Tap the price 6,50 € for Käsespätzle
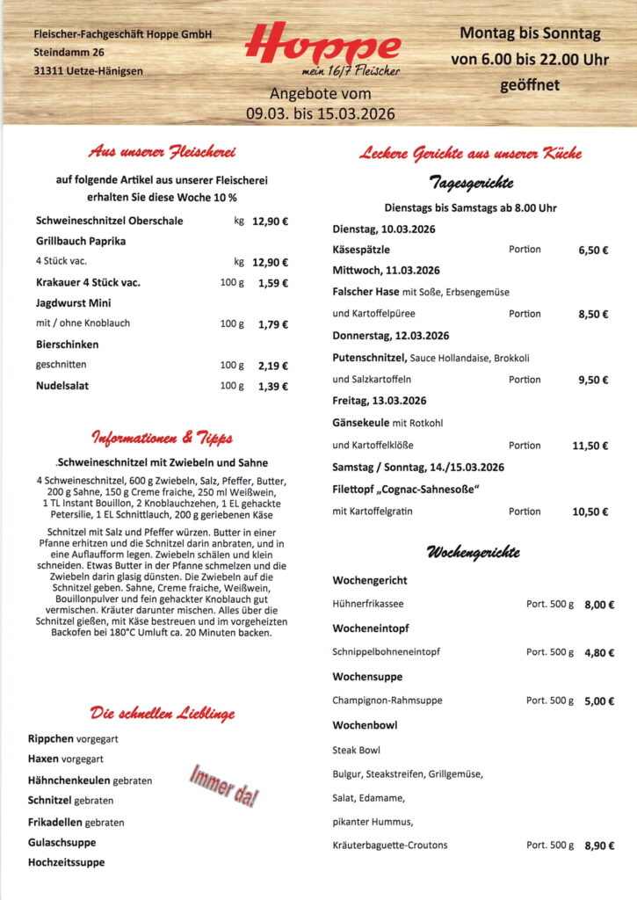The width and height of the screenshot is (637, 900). click(x=592, y=250)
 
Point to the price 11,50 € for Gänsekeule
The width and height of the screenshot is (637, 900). click(x=590, y=446)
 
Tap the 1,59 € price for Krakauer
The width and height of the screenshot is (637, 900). click(x=272, y=283)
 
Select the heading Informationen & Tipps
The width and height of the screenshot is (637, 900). click(x=163, y=438)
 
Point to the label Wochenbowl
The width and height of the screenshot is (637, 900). click(x=365, y=725)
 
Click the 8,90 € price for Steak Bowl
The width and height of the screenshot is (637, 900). click(x=598, y=846)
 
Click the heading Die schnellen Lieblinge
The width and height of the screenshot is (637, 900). click(x=163, y=712)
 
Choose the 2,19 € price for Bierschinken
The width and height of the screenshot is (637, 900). click(x=272, y=365)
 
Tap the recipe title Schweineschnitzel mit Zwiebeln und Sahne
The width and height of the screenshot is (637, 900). click(x=163, y=462)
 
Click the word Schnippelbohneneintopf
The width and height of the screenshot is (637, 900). click(x=386, y=652)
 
